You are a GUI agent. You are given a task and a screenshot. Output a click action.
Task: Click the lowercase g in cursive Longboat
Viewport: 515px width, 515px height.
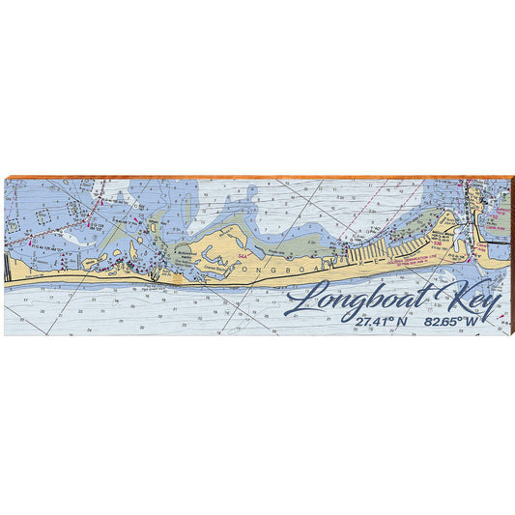pyautogui.click(x=356, y=302)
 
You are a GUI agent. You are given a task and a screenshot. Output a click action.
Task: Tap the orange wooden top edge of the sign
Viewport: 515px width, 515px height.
pyautogui.click(x=257, y=177)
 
